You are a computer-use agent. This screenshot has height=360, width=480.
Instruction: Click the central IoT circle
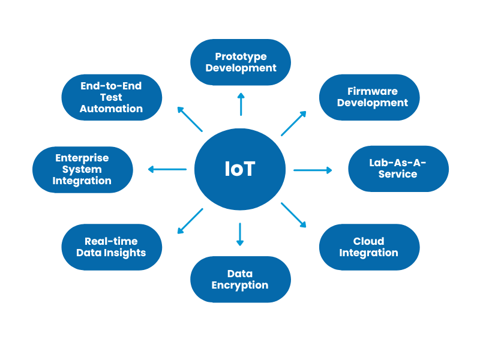click(240, 169)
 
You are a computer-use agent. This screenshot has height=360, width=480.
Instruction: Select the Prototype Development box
click(241, 62)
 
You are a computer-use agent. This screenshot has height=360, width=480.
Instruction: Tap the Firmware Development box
click(369, 97)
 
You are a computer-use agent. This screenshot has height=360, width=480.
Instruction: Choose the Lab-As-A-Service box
click(398, 169)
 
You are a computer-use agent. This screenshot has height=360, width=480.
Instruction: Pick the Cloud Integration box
click(369, 247)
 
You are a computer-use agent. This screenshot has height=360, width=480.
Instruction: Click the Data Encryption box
click(241, 280)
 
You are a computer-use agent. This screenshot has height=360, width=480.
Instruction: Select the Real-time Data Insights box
click(112, 247)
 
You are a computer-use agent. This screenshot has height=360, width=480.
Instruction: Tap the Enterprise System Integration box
click(82, 169)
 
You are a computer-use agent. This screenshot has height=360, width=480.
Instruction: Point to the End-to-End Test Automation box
click(112, 97)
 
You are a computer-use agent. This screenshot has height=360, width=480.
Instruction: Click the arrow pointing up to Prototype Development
click(241, 104)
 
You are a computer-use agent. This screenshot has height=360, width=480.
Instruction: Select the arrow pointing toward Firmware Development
click(293, 124)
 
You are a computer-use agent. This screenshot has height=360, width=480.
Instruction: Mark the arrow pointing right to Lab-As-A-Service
click(313, 170)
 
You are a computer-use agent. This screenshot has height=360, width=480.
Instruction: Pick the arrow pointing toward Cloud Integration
click(293, 215)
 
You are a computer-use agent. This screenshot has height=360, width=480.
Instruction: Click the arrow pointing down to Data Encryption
click(240, 234)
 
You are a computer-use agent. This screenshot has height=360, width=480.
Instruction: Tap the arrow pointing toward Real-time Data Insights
click(190, 221)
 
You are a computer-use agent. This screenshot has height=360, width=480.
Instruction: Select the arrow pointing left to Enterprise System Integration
click(167, 169)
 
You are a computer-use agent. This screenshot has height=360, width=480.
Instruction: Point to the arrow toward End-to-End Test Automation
click(190, 119)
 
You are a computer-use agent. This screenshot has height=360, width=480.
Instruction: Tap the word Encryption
click(240, 286)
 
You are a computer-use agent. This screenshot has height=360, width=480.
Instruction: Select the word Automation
click(112, 109)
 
